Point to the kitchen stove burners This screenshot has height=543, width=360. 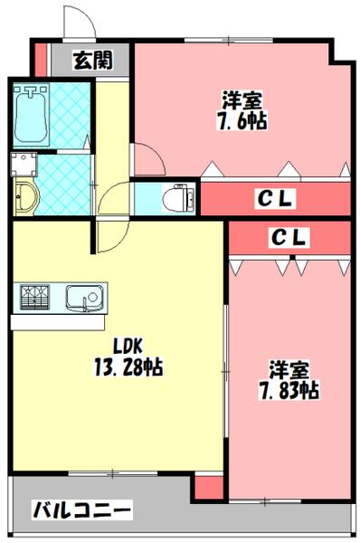point(36,297)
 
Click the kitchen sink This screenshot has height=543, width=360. point(85,297)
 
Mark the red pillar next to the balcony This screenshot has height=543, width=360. point(208,488)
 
